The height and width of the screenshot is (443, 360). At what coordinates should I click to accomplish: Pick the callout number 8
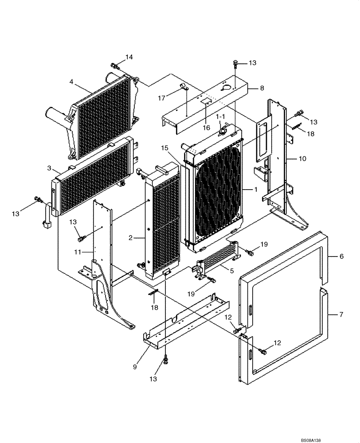coord(262,88)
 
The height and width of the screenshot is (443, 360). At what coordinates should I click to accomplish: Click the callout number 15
coord(165,148)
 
